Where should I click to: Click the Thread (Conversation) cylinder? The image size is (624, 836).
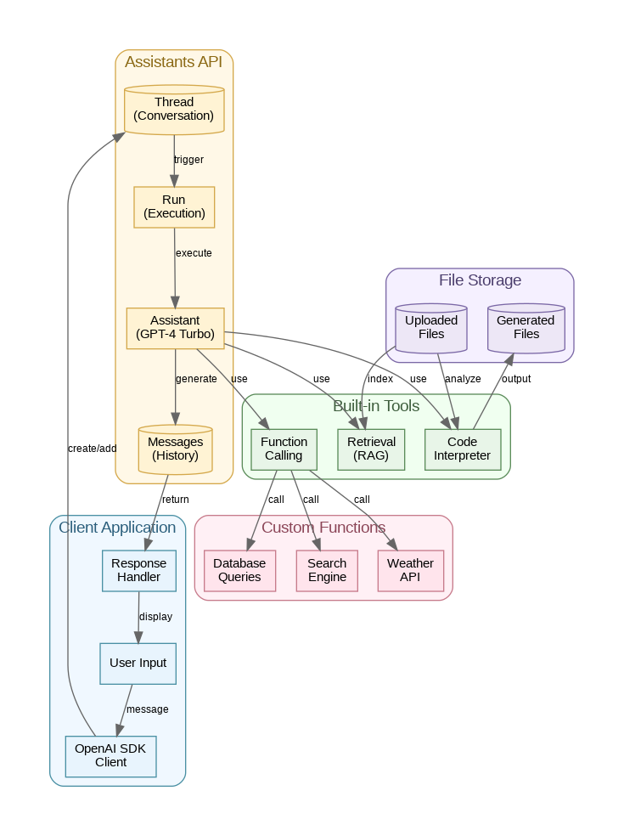coord(174,110)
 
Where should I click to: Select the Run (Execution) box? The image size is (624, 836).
coord(174,206)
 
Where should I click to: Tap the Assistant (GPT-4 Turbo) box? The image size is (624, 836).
coord(175,328)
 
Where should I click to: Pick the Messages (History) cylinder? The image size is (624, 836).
coord(175,449)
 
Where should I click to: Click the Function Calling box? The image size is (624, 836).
coord(284,449)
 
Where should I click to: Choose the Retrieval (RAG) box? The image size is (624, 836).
coord(371,449)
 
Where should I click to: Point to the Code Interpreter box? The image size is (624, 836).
coord(462,449)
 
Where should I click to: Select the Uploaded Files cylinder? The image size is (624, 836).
coord(431,328)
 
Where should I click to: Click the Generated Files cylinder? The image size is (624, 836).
coord(526,328)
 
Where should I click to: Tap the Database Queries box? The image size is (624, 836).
coord(239,570)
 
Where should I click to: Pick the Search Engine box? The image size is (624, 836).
coord(327,570)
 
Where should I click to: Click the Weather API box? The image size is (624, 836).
coord(410,570)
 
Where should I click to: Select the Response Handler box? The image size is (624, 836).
coord(138,570)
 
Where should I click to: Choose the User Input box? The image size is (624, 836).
coord(138,663)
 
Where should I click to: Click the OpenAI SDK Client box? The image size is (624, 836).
coord(111,755)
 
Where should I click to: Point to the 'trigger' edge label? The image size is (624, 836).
coord(188,160)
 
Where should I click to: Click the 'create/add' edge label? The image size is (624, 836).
coord(92,449)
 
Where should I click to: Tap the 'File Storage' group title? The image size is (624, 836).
coord(480,280)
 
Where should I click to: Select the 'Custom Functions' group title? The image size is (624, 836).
coord(323,528)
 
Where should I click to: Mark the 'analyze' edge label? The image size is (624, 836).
coord(463,379)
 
